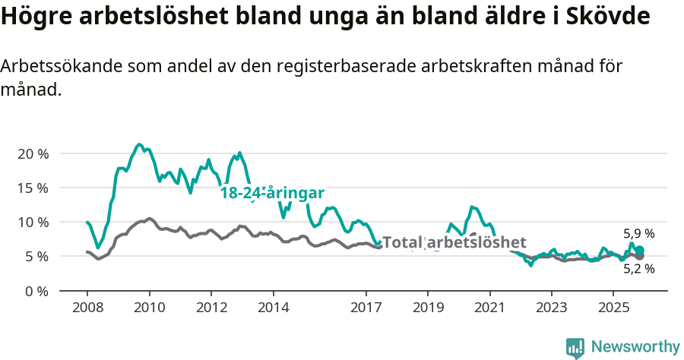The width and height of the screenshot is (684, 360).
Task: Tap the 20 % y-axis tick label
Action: [x=33, y=153]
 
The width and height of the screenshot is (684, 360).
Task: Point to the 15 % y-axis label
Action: [x=33, y=188]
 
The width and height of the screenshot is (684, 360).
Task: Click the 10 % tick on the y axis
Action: [x=33, y=222]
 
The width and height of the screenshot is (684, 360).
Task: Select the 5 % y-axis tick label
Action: [x=36, y=257]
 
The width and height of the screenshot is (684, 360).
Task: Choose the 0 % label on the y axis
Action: [x=36, y=291]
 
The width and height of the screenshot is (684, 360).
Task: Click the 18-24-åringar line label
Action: [x=272, y=193]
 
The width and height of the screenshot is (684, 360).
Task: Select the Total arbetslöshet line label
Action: [x=454, y=242]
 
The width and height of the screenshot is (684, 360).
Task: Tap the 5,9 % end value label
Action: [x=638, y=234]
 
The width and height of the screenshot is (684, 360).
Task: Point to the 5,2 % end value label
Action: [x=638, y=268]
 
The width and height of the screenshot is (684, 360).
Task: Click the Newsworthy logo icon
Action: [x=575, y=347]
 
